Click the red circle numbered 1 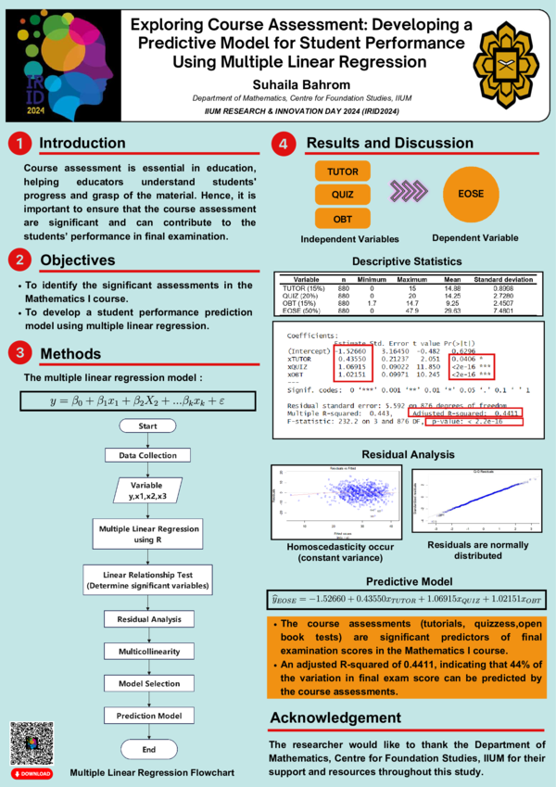(x=19, y=144)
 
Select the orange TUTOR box (x=344, y=171)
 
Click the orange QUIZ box (x=344, y=195)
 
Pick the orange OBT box (x=344, y=219)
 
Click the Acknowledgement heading (x=335, y=718)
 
